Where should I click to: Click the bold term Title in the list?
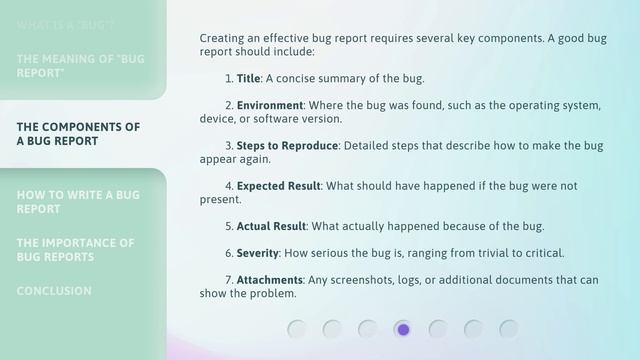click(248, 78)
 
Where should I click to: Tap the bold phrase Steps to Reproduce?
click(287, 145)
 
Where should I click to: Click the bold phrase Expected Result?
click(278, 186)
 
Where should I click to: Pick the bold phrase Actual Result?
click(271, 226)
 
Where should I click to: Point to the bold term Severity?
click(258, 253)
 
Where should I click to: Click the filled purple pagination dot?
click(403, 329)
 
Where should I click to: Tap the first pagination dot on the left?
click(297, 329)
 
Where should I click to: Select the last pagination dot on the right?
click(509, 329)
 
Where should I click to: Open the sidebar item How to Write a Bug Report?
click(78, 202)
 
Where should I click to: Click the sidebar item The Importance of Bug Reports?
click(75, 250)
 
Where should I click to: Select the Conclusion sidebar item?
click(54, 291)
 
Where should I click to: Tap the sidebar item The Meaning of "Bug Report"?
click(80, 66)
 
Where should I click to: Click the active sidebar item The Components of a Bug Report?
click(78, 134)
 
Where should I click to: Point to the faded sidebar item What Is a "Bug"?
click(65, 23)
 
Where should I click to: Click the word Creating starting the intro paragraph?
click(223, 38)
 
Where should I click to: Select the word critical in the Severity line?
click(544, 253)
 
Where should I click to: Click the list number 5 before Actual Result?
click(228, 226)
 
